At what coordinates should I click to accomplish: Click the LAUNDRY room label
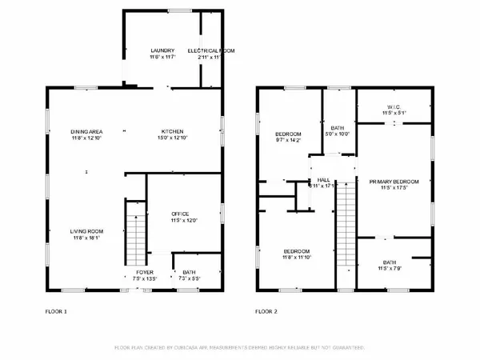tap(161, 50)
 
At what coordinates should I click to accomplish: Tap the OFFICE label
tap(180, 214)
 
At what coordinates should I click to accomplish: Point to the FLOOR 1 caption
tap(55, 310)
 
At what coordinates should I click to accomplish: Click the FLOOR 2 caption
tap(266, 310)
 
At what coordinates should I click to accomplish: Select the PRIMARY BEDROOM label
tap(394, 182)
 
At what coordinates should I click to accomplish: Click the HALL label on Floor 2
tap(323, 180)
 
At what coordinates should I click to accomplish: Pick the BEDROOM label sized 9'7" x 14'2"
tap(288, 133)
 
